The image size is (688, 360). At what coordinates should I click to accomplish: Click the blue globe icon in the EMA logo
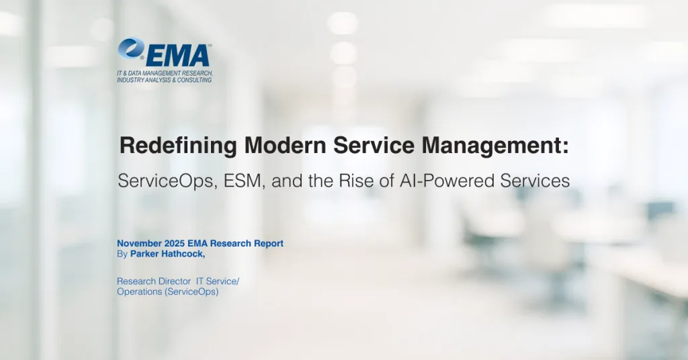point(132,49)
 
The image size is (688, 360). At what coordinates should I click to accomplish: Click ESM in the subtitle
point(232,181)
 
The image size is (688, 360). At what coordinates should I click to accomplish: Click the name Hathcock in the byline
point(181,253)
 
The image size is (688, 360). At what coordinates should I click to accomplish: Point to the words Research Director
point(150,281)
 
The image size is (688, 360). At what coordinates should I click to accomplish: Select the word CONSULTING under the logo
point(193,80)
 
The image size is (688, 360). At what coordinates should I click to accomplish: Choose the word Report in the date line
point(268,243)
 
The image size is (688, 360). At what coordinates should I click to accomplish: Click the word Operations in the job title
point(138,291)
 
